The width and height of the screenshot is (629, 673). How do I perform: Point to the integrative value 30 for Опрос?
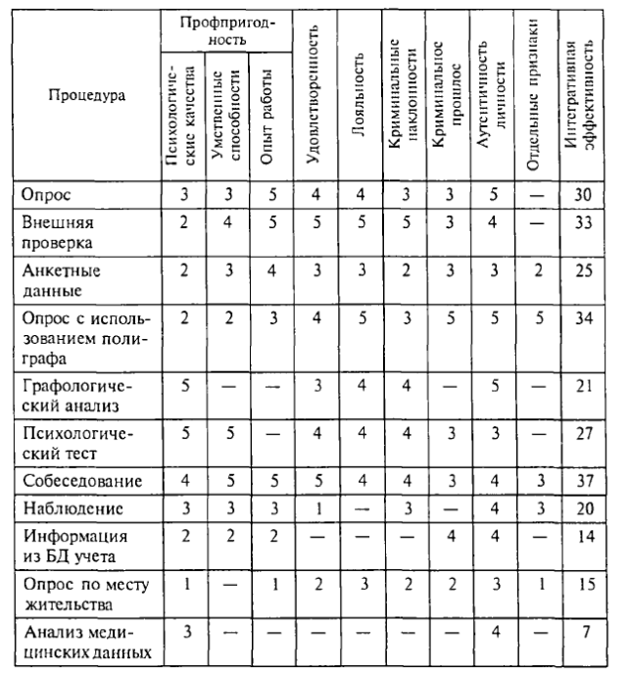coord(585,195)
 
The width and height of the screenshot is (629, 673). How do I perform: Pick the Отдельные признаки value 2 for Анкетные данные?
coord(539,270)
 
